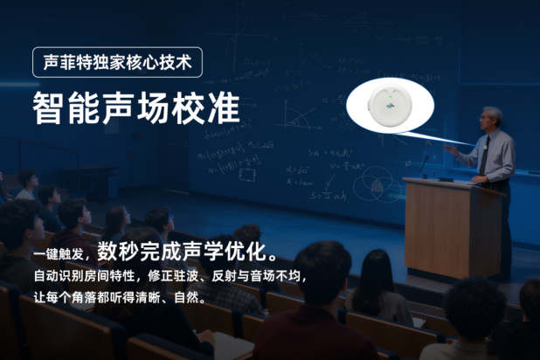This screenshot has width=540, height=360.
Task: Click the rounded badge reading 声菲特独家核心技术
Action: point(117,62)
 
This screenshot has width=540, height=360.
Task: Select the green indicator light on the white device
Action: point(391,97)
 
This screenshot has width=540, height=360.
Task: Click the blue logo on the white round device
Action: point(391,106)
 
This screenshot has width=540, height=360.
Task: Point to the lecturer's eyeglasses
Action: point(486,118)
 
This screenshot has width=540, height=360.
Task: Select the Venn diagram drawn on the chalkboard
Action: point(377,186)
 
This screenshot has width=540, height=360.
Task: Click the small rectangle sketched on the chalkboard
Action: point(247,175)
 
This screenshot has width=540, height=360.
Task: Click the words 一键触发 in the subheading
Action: point(59,254)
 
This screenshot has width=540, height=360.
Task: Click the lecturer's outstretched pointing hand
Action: point(451,149)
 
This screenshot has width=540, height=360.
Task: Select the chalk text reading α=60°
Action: point(298,170)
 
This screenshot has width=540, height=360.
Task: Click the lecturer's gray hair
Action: point(493,113)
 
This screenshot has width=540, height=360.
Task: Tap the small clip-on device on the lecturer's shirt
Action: point(485,147)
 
